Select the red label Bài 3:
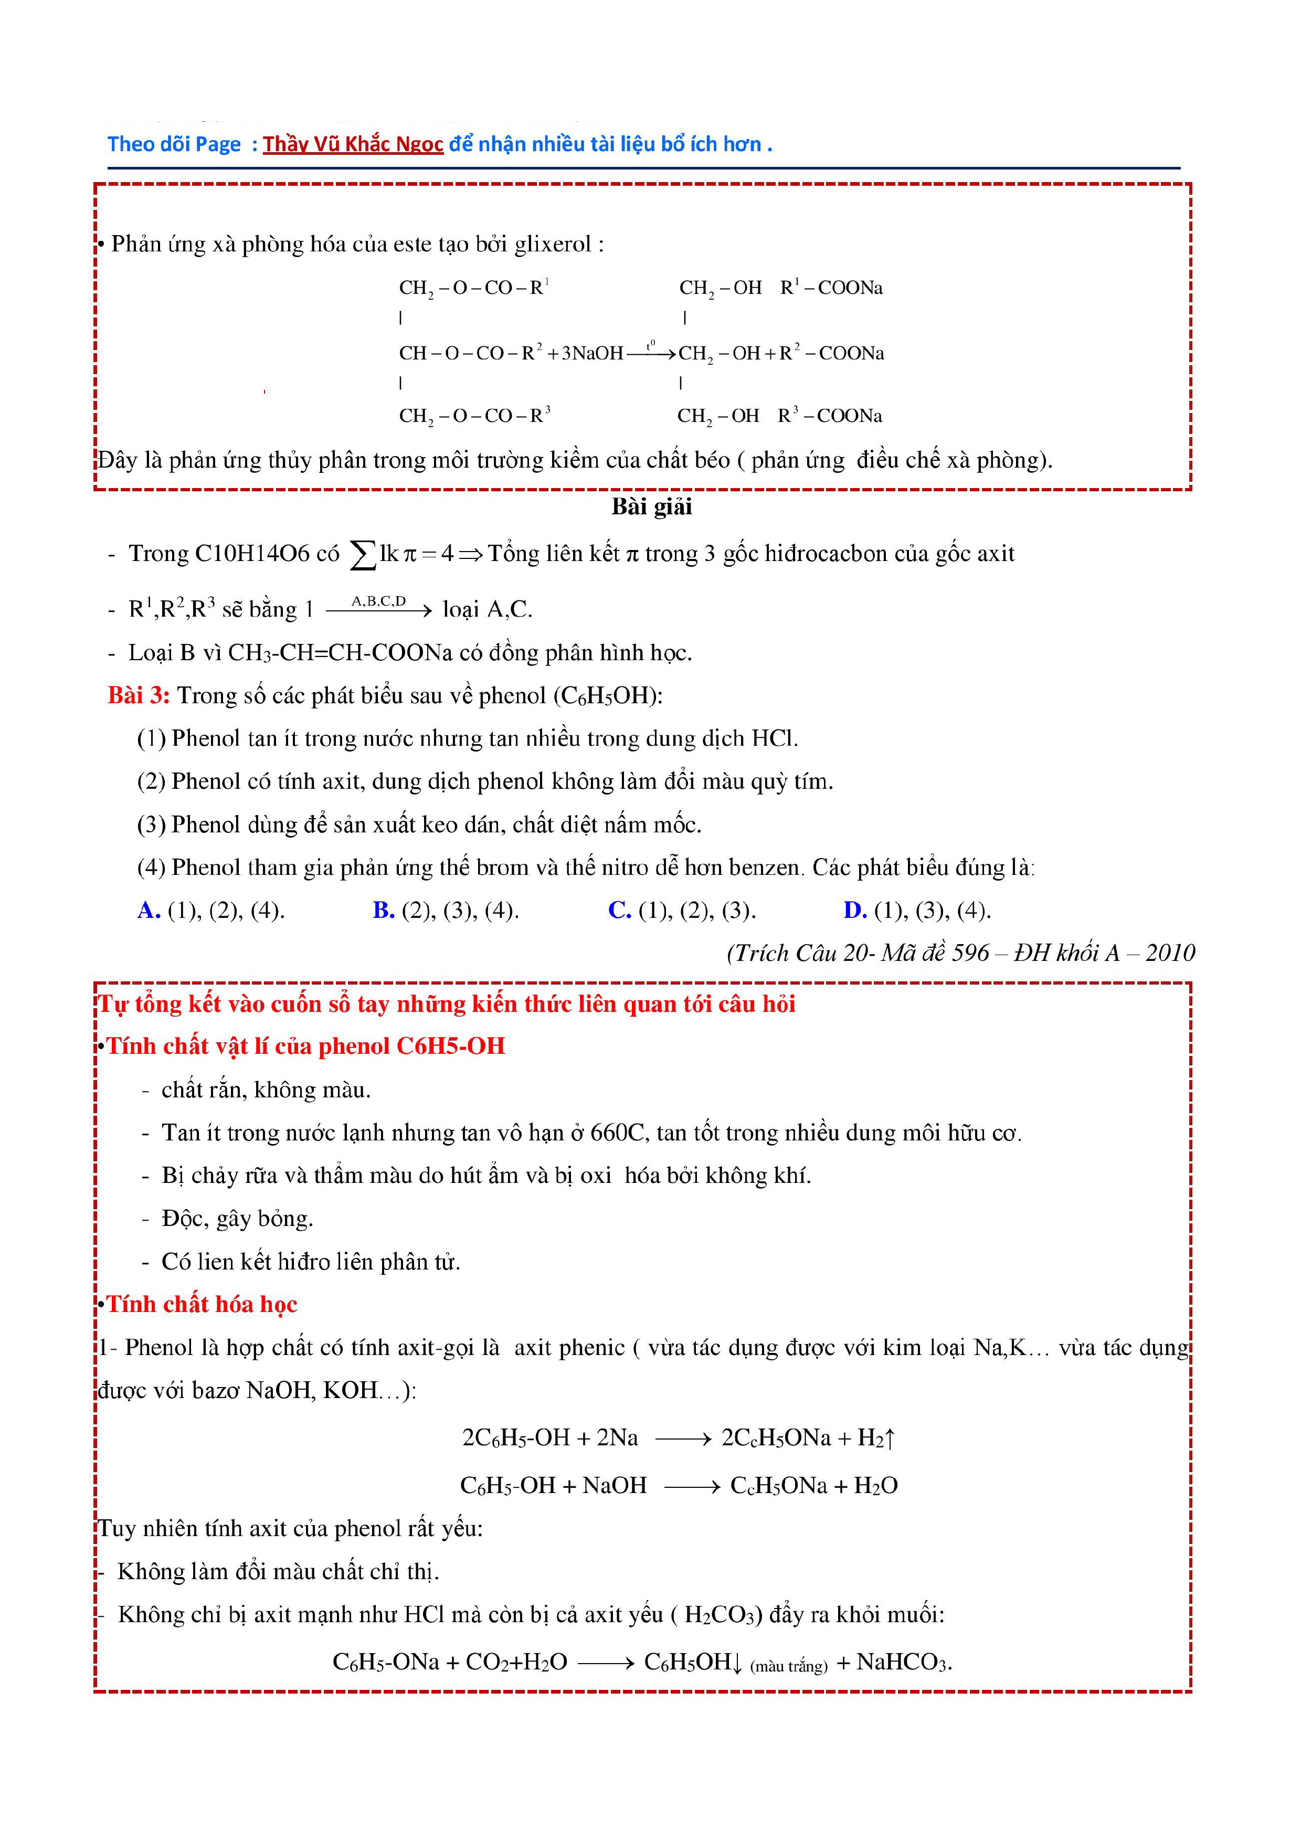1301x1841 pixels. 139,695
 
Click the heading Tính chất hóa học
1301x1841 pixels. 202,1305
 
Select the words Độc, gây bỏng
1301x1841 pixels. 237,1219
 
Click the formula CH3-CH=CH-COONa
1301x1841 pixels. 340,653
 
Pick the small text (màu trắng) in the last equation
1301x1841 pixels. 789,1666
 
